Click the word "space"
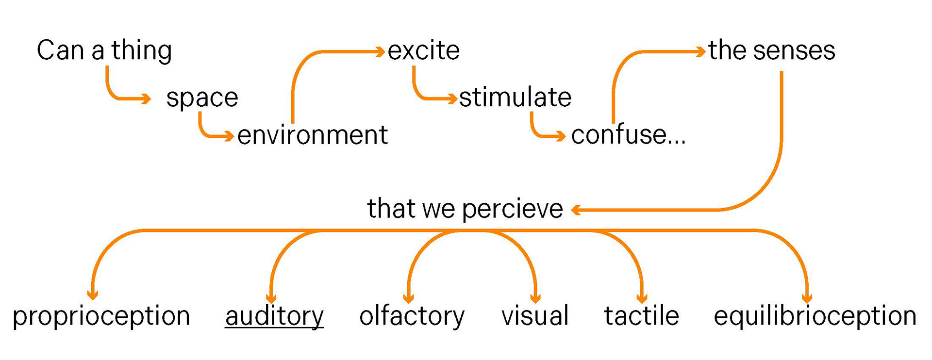(x=202, y=98)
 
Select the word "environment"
(x=312, y=135)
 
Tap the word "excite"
(x=423, y=51)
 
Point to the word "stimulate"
(x=515, y=98)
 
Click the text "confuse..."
(x=628, y=135)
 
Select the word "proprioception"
(x=101, y=316)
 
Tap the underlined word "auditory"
(x=274, y=316)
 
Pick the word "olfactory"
(x=412, y=316)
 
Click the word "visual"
(x=535, y=316)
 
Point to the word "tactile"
(x=641, y=316)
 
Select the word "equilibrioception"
(x=815, y=316)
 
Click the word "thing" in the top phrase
(x=141, y=51)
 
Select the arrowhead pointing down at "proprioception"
(x=92, y=295)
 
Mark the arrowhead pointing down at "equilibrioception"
(x=807, y=298)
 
